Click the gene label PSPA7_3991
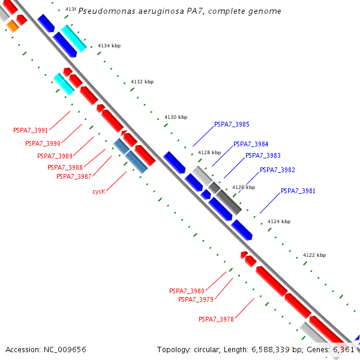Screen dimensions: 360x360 pos(31,130)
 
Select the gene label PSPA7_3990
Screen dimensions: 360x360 pos(43,144)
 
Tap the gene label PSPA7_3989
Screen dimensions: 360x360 pos(55,156)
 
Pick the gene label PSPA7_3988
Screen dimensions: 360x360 pos(65,168)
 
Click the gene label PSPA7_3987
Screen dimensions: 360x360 pos(74,176)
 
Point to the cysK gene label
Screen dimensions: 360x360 pos(99,192)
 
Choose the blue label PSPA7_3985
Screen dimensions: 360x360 pos(232,125)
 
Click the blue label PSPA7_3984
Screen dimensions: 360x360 pos(251,145)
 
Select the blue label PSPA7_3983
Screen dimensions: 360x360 pos(263,156)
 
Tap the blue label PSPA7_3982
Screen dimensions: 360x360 pos(277,170)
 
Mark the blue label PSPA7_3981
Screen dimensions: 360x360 pos(298,191)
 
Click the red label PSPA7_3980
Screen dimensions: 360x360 pos(187,291)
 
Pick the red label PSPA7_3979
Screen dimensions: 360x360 pos(196,299)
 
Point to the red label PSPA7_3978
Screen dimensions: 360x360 pos(216,319)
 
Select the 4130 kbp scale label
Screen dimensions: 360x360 pos(176,117)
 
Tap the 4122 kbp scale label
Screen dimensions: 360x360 pos(314,255)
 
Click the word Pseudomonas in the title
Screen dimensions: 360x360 pos(106,11)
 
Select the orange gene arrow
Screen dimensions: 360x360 pos(13,26)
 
